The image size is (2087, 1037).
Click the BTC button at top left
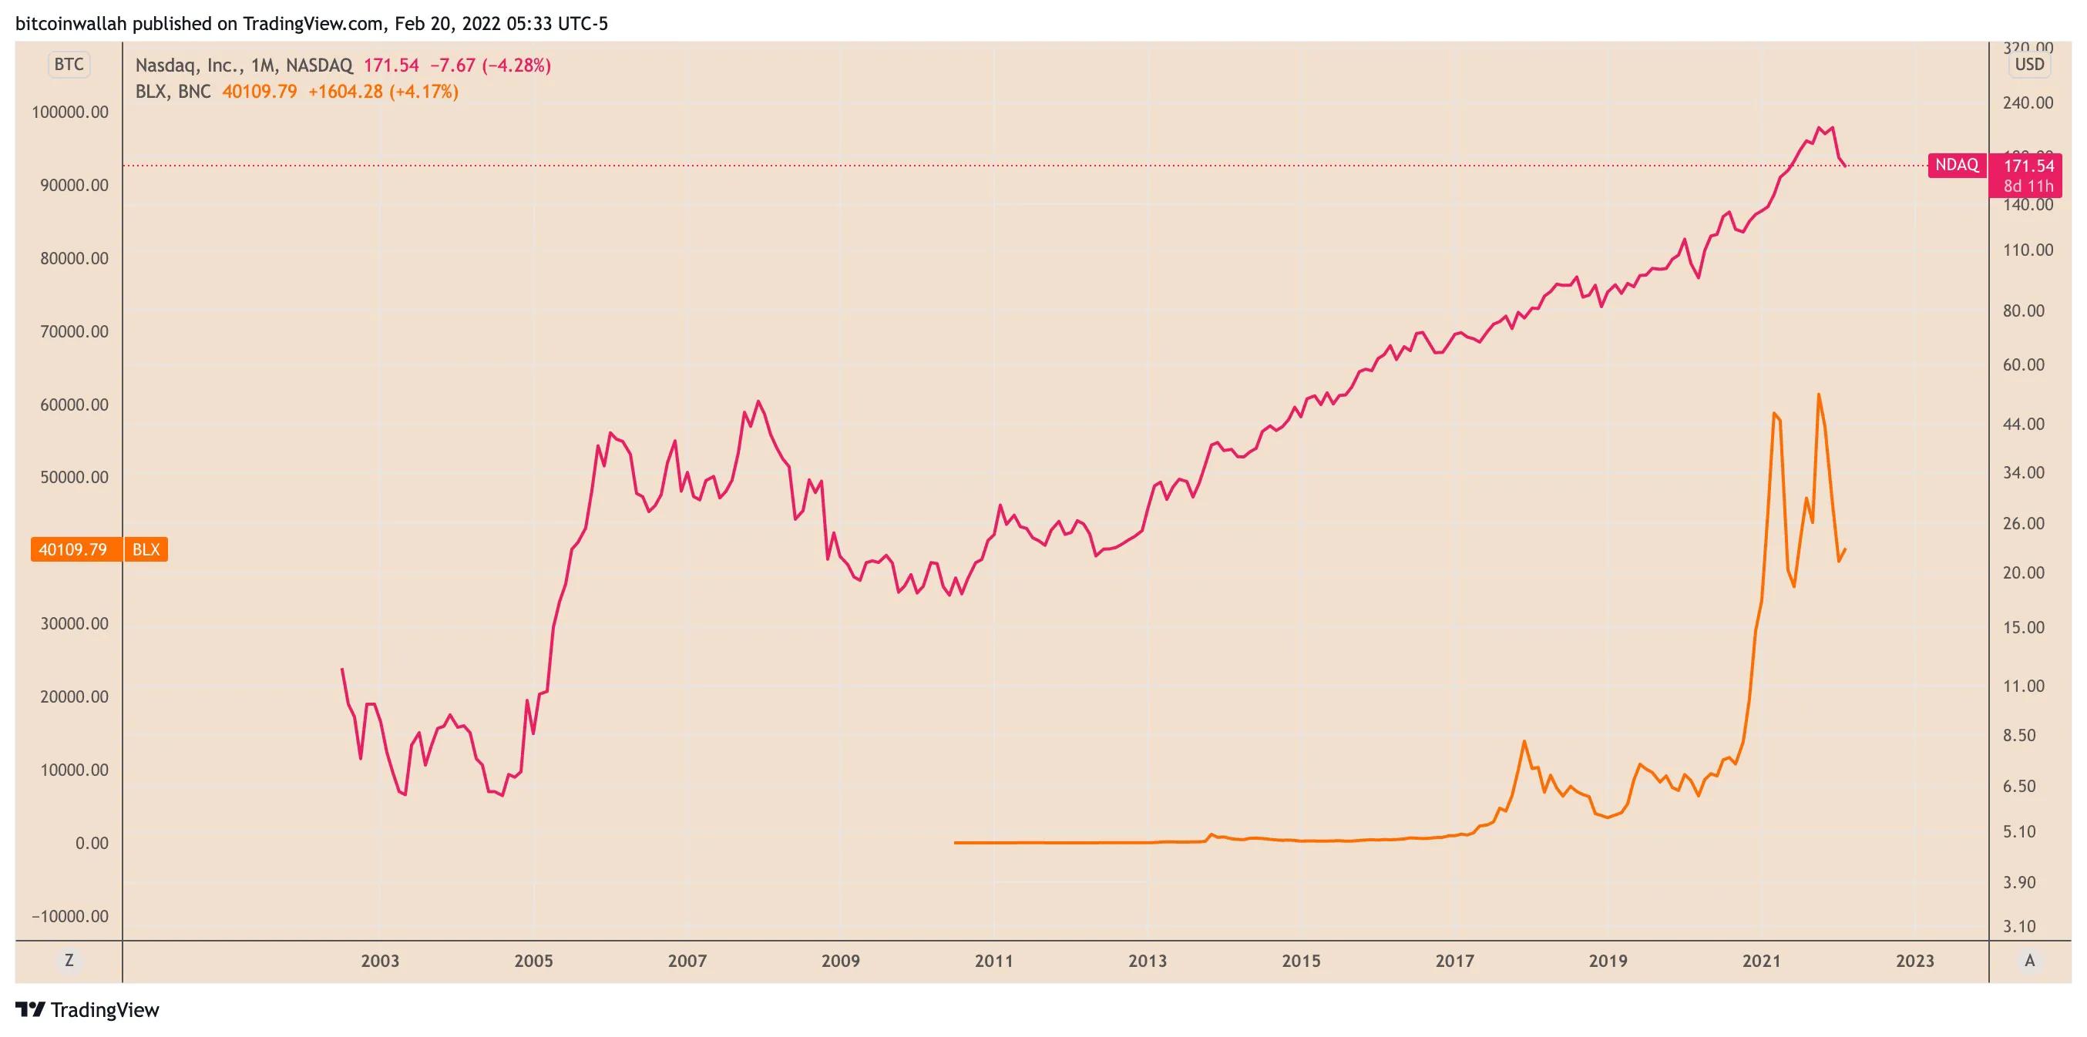tap(69, 65)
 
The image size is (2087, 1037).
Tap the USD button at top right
tap(2029, 65)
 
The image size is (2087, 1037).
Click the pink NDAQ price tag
tap(1957, 166)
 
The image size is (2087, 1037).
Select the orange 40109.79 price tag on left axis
tap(73, 550)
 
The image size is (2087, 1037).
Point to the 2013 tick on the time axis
tap(1148, 961)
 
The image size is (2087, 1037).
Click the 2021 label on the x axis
tap(1761, 961)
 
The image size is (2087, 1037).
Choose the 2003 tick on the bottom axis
tap(379, 961)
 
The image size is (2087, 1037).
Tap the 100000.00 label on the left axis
tap(69, 112)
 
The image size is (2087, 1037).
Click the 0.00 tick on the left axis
tap(92, 844)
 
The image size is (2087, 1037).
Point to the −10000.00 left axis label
tap(69, 916)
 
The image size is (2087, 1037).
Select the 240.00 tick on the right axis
tap(2028, 103)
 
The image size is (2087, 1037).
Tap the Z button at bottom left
tap(69, 961)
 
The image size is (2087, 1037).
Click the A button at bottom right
tap(2029, 961)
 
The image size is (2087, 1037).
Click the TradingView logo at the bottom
tap(88, 1010)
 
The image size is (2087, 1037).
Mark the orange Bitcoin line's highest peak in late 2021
tap(1819, 394)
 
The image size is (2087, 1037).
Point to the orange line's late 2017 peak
tap(1524, 740)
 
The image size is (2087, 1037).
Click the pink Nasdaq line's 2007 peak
tap(758, 401)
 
